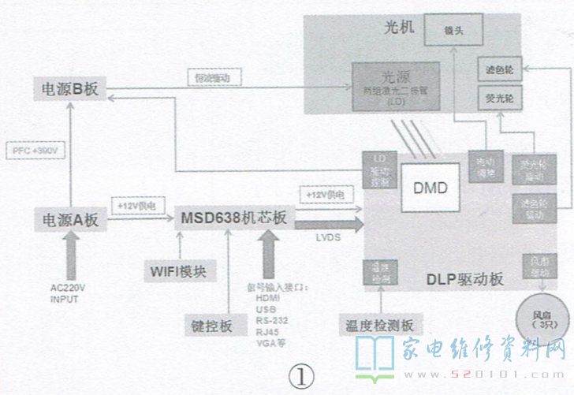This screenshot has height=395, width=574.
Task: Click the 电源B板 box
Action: pyautogui.click(x=69, y=89)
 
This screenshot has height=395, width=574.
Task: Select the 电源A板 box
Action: pyautogui.click(x=69, y=220)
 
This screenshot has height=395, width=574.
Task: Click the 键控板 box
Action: pyautogui.click(x=209, y=324)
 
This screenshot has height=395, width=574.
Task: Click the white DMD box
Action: pyautogui.click(x=430, y=188)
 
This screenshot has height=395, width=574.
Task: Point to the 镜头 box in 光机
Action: pyautogui.click(x=453, y=33)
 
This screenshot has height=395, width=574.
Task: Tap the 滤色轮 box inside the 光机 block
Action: pyautogui.click(x=500, y=70)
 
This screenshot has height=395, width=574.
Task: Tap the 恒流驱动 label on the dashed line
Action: pyautogui.click(x=214, y=78)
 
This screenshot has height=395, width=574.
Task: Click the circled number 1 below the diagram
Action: pyautogui.click(x=300, y=377)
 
